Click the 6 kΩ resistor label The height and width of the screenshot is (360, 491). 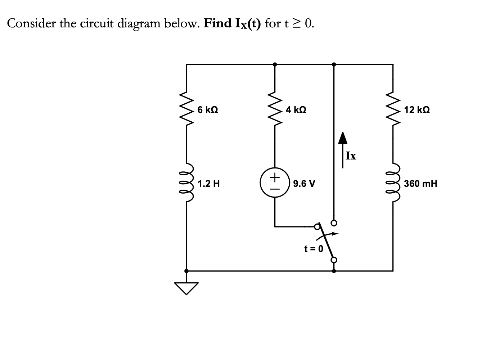(208, 110)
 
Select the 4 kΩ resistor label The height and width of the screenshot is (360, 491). (296, 110)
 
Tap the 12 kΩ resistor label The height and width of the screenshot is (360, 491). (416, 110)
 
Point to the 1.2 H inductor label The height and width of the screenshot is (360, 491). (209, 184)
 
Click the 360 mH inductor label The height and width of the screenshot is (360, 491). (420, 184)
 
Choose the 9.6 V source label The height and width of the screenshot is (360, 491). (304, 184)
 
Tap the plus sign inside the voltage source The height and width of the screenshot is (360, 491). (275, 177)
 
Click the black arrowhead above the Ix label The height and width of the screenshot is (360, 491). (343, 138)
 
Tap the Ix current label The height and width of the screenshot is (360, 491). (351, 156)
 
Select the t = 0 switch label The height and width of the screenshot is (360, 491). (314, 249)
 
